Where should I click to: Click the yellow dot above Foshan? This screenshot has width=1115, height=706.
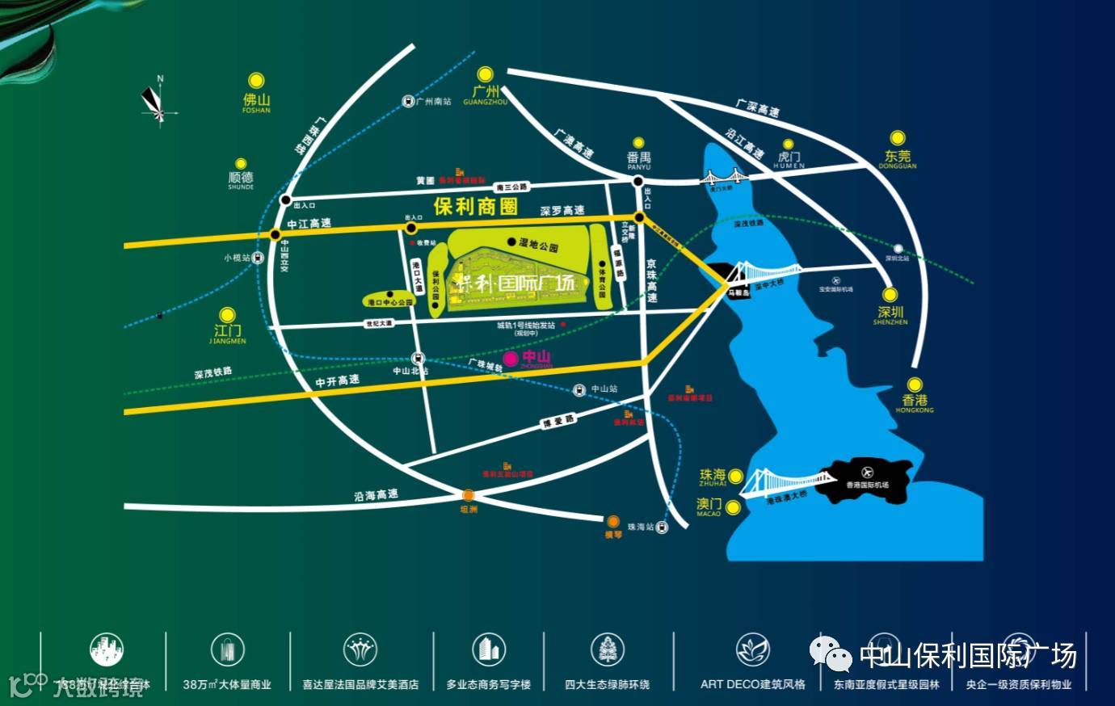[x=256, y=80]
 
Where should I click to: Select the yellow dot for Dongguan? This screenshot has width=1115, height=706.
[x=897, y=138]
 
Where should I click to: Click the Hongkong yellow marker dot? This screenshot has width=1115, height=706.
[x=914, y=385]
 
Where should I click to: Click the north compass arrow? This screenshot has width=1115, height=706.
[x=154, y=101]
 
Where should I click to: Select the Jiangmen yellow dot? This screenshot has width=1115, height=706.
[x=228, y=314]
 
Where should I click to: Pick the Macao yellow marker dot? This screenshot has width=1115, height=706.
[x=733, y=507]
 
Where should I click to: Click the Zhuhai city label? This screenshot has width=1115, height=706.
[x=713, y=476]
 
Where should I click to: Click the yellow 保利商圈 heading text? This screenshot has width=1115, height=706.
[x=475, y=206]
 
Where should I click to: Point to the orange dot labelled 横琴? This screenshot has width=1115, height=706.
[x=614, y=521]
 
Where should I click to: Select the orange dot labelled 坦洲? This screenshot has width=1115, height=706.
[x=469, y=496]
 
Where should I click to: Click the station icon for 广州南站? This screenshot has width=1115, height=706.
[x=408, y=101]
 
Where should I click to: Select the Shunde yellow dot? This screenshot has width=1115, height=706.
[x=241, y=164]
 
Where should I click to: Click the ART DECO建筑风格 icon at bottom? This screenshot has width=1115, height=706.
[x=752, y=650]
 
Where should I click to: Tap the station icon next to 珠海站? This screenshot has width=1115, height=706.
[x=663, y=527]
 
